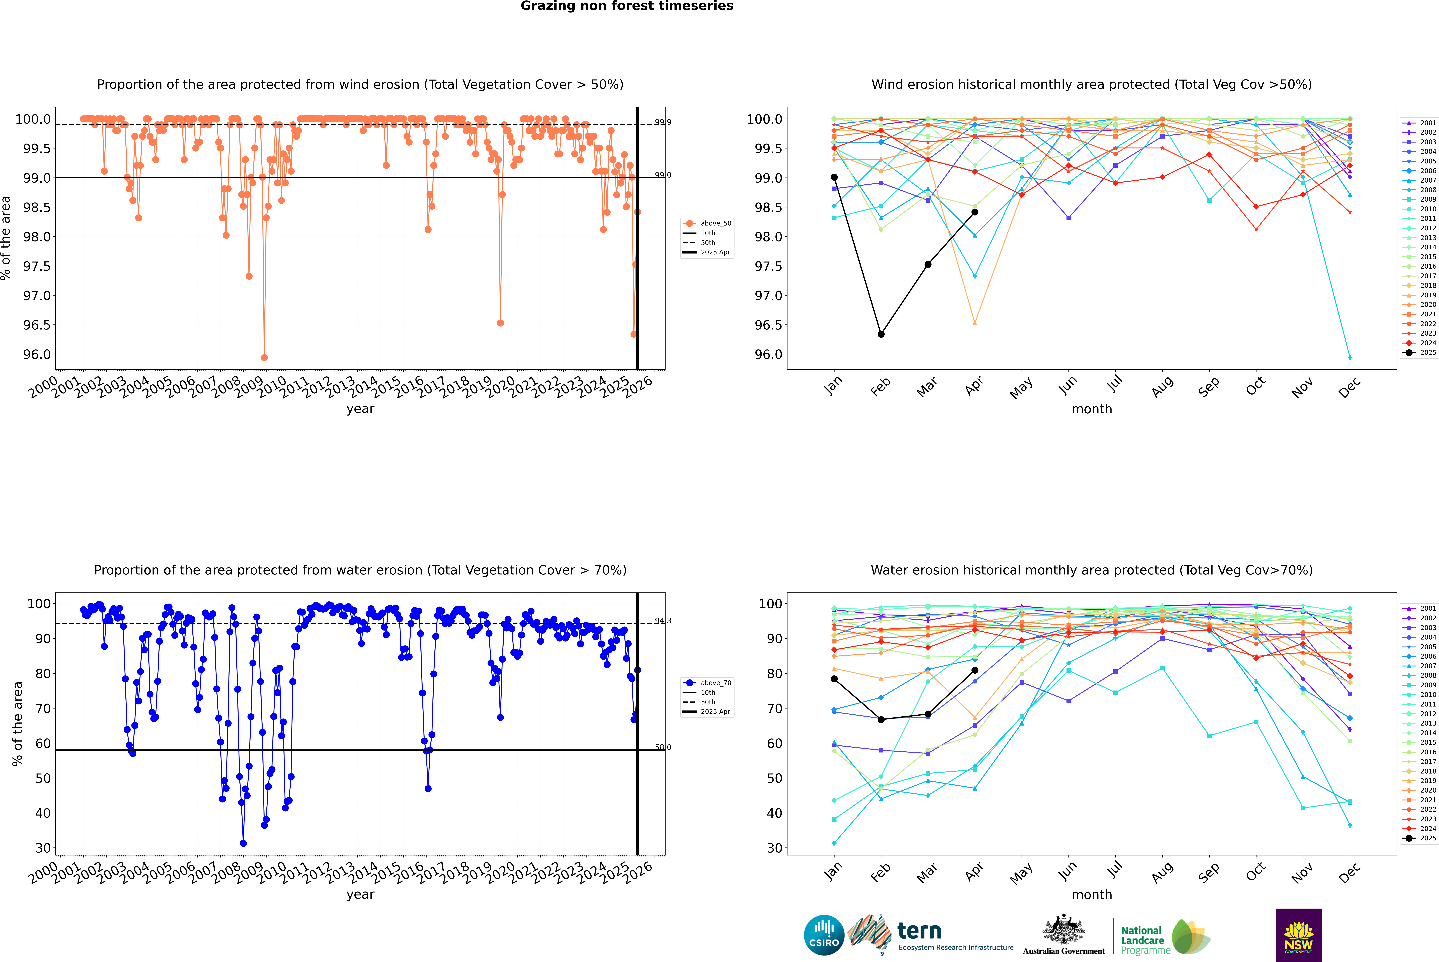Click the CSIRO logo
click(824, 935)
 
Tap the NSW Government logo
click(1298, 935)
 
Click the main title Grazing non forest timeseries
click(627, 6)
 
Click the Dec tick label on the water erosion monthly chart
click(1349, 872)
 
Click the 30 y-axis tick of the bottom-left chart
click(43, 848)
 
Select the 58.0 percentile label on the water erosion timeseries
click(662, 747)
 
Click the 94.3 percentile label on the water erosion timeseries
click(662, 621)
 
